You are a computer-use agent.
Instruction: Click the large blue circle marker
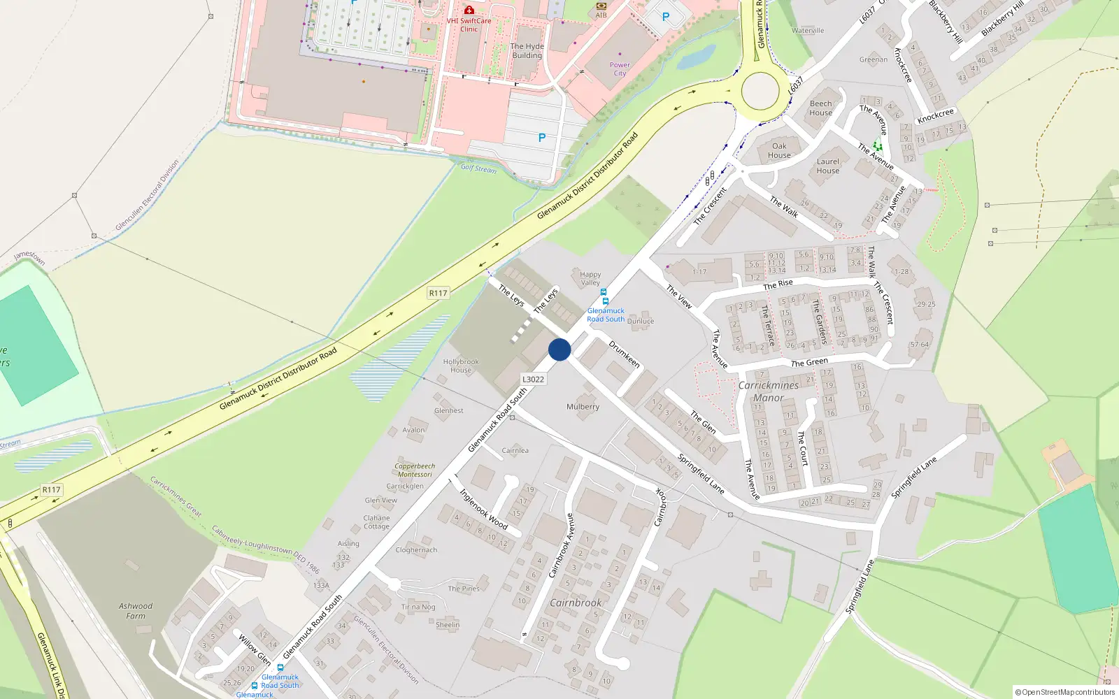(559, 349)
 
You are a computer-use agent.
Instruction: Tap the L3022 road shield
(533, 380)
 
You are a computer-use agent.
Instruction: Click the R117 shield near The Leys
(438, 293)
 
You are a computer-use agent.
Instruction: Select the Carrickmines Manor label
(768, 391)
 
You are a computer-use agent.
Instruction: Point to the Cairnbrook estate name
(576, 603)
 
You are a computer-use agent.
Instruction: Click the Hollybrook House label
(461, 366)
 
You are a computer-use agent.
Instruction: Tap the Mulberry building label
(583, 407)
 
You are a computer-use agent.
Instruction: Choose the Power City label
(620, 69)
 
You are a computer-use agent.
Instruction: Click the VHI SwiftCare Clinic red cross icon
(469, 10)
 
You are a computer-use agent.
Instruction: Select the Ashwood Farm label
(136, 611)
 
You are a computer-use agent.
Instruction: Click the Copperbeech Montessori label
(415, 470)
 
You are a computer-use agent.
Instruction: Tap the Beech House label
(820, 108)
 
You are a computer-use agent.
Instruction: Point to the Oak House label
(779, 151)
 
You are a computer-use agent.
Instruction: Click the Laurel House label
(827, 166)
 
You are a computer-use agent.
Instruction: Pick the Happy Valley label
(590, 279)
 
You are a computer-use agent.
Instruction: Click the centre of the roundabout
(760, 91)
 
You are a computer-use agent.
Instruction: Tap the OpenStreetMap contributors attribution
(1064, 692)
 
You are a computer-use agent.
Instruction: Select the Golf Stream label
(478, 168)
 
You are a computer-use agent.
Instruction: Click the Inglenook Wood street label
(483, 508)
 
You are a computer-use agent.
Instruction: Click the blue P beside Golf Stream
(541, 138)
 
